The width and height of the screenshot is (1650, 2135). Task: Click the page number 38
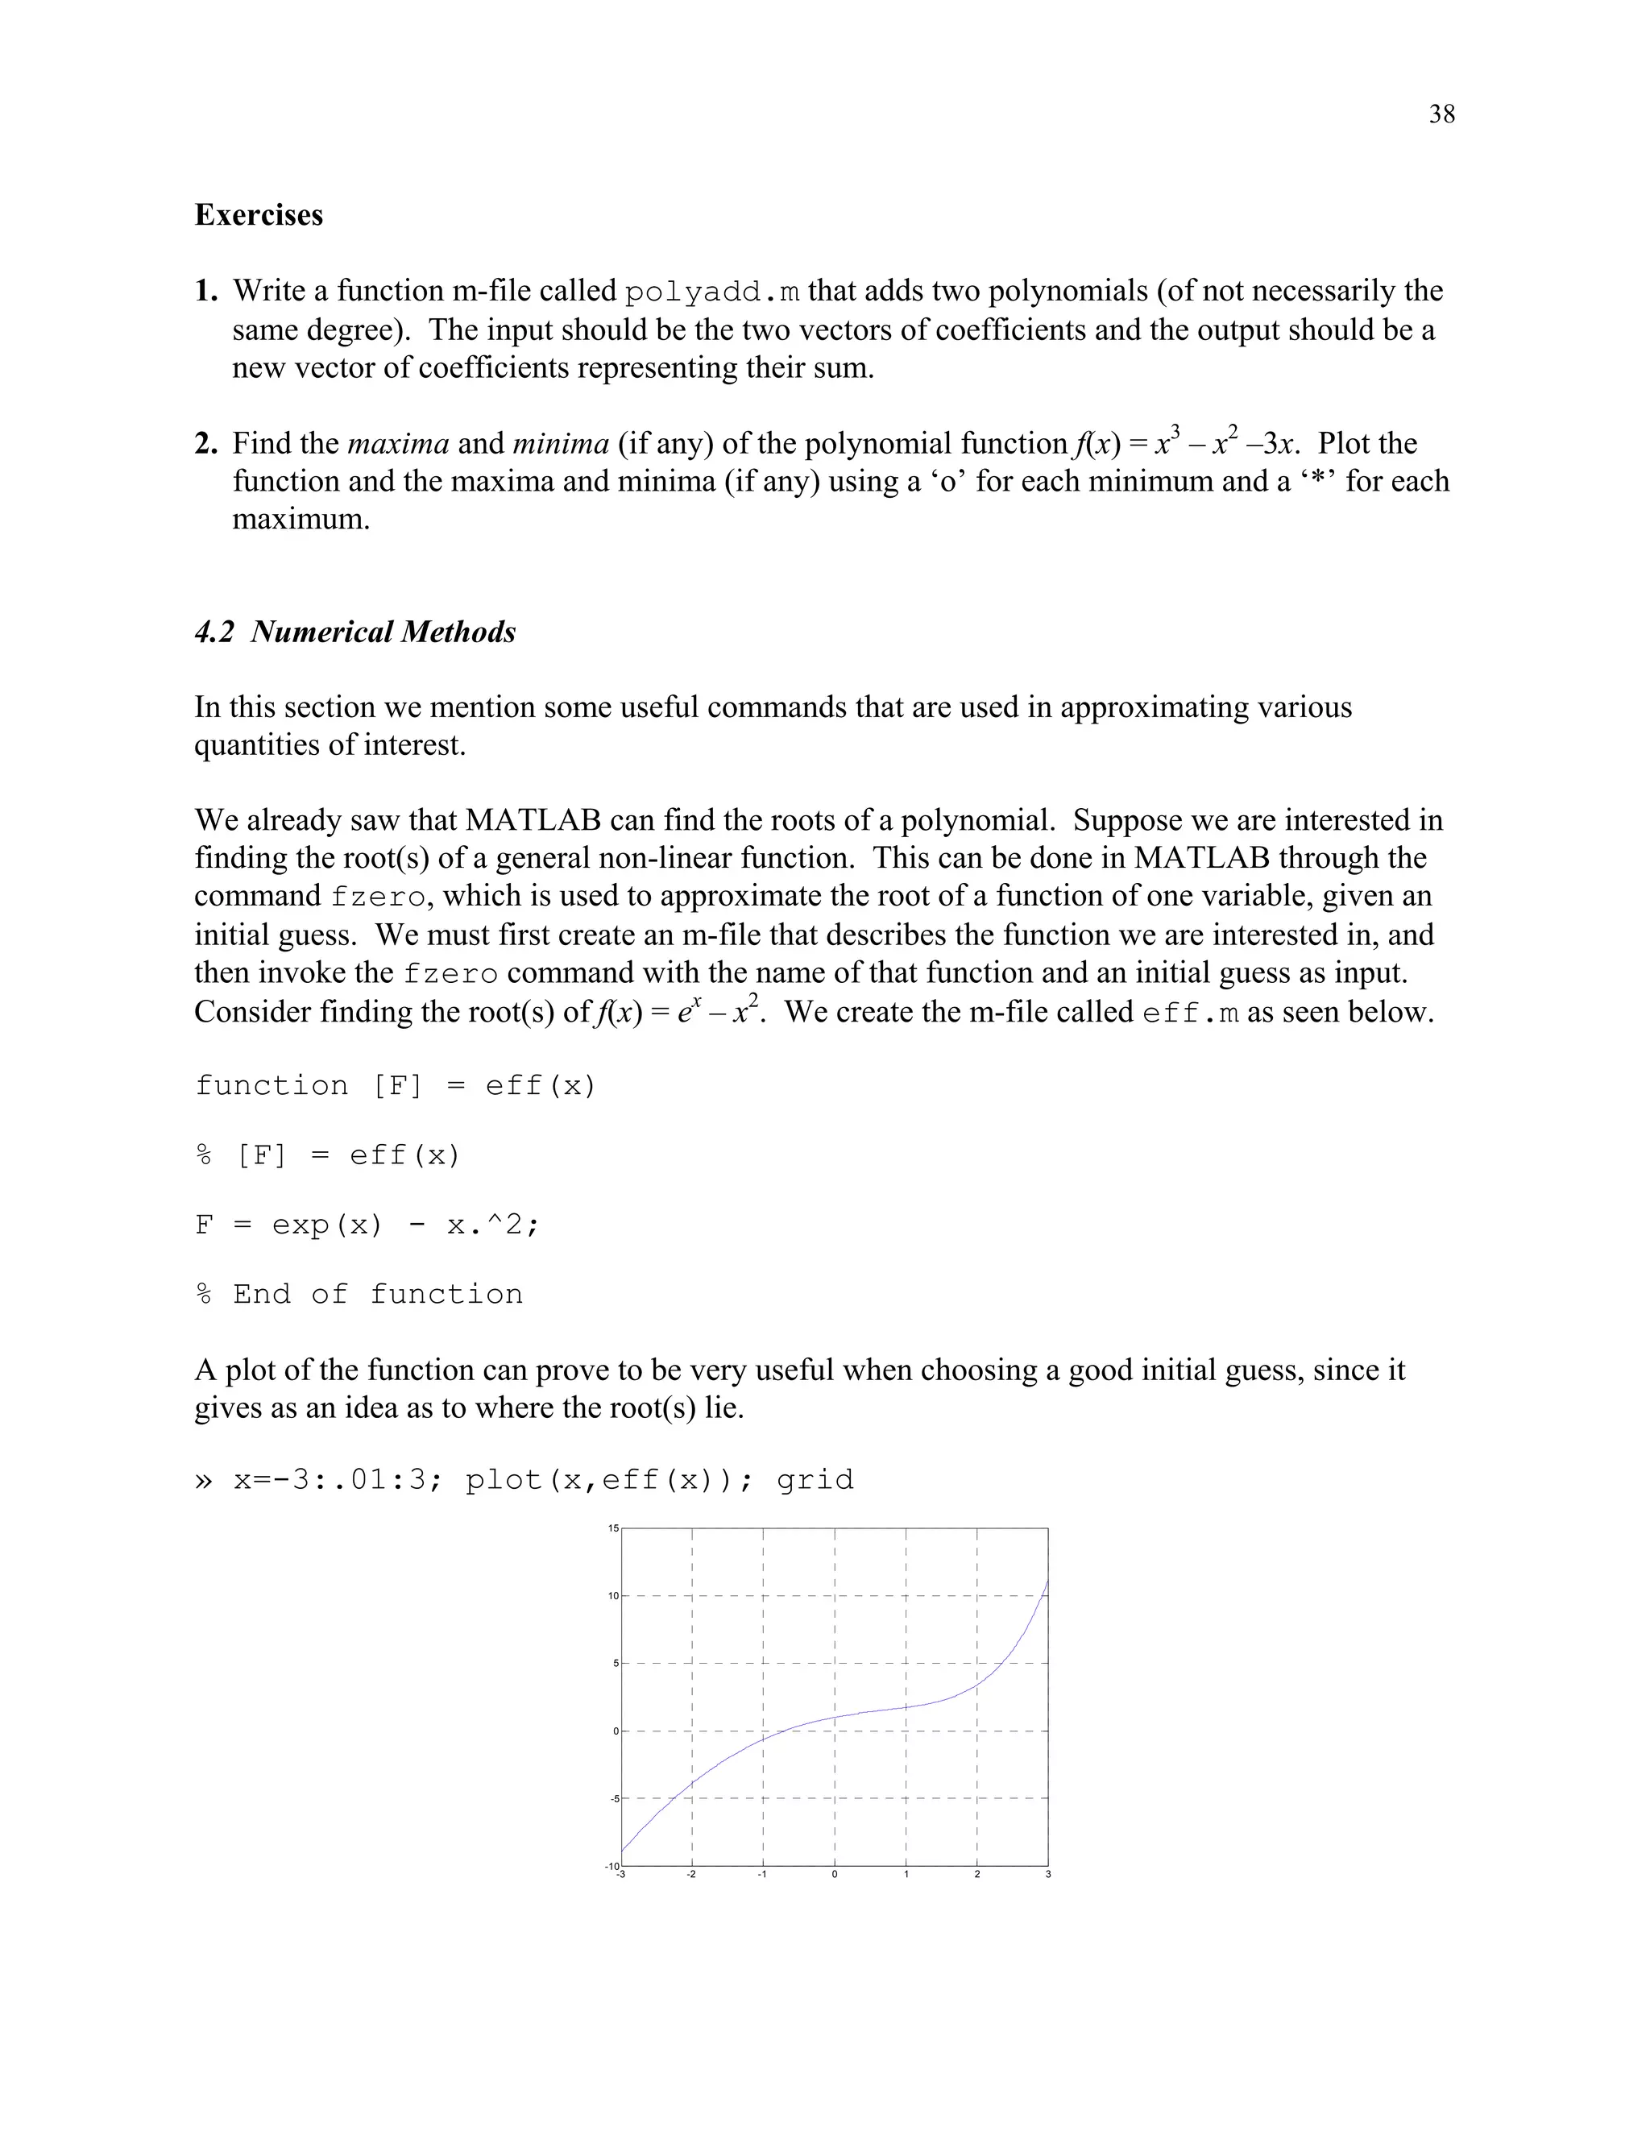click(1441, 115)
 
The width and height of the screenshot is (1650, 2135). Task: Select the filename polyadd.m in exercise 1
click(712, 292)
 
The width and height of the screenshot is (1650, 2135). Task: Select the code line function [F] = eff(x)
click(395, 1086)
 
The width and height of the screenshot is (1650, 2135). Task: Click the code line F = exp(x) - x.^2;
click(367, 1225)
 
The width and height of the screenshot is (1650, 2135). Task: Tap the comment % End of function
click(359, 1295)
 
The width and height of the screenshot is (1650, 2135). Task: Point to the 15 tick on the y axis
click(613, 1528)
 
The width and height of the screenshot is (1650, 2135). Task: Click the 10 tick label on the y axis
click(613, 1596)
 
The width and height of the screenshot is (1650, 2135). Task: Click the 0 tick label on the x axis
click(834, 1874)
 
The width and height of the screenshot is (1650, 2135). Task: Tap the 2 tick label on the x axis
click(976, 1874)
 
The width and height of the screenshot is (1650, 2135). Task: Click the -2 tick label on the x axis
click(690, 1874)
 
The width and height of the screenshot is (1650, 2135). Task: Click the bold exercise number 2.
click(205, 444)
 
